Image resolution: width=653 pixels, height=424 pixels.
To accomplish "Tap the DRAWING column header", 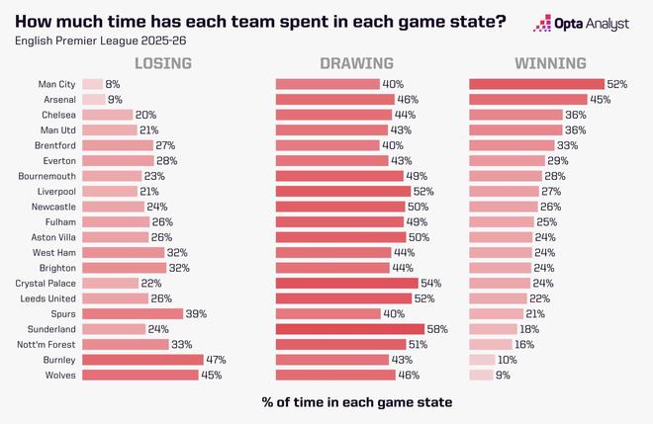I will tap(348, 64).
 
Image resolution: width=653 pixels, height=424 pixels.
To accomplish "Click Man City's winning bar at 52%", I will tap(536, 85).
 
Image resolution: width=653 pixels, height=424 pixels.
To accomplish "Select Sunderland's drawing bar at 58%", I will tap(349, 329).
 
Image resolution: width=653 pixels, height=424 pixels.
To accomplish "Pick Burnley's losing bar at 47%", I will tap(142, 360).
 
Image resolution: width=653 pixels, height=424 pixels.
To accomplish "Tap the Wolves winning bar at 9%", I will tap(481, 375).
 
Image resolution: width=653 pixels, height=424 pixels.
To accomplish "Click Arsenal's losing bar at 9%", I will tap(94, 100).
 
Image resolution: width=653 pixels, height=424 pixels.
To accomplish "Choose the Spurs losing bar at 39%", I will tap(133, 313).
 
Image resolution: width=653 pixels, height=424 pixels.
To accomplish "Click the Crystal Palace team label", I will tap(44, 284).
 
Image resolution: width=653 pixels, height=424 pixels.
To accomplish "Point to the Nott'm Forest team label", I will tap(45, 344).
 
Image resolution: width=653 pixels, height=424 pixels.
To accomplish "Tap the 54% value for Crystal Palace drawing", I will tap(429, 284).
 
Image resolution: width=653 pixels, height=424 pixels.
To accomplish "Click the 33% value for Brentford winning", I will tap(568, 145).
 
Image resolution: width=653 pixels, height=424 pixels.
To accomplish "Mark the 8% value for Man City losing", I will tap(112, 85).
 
